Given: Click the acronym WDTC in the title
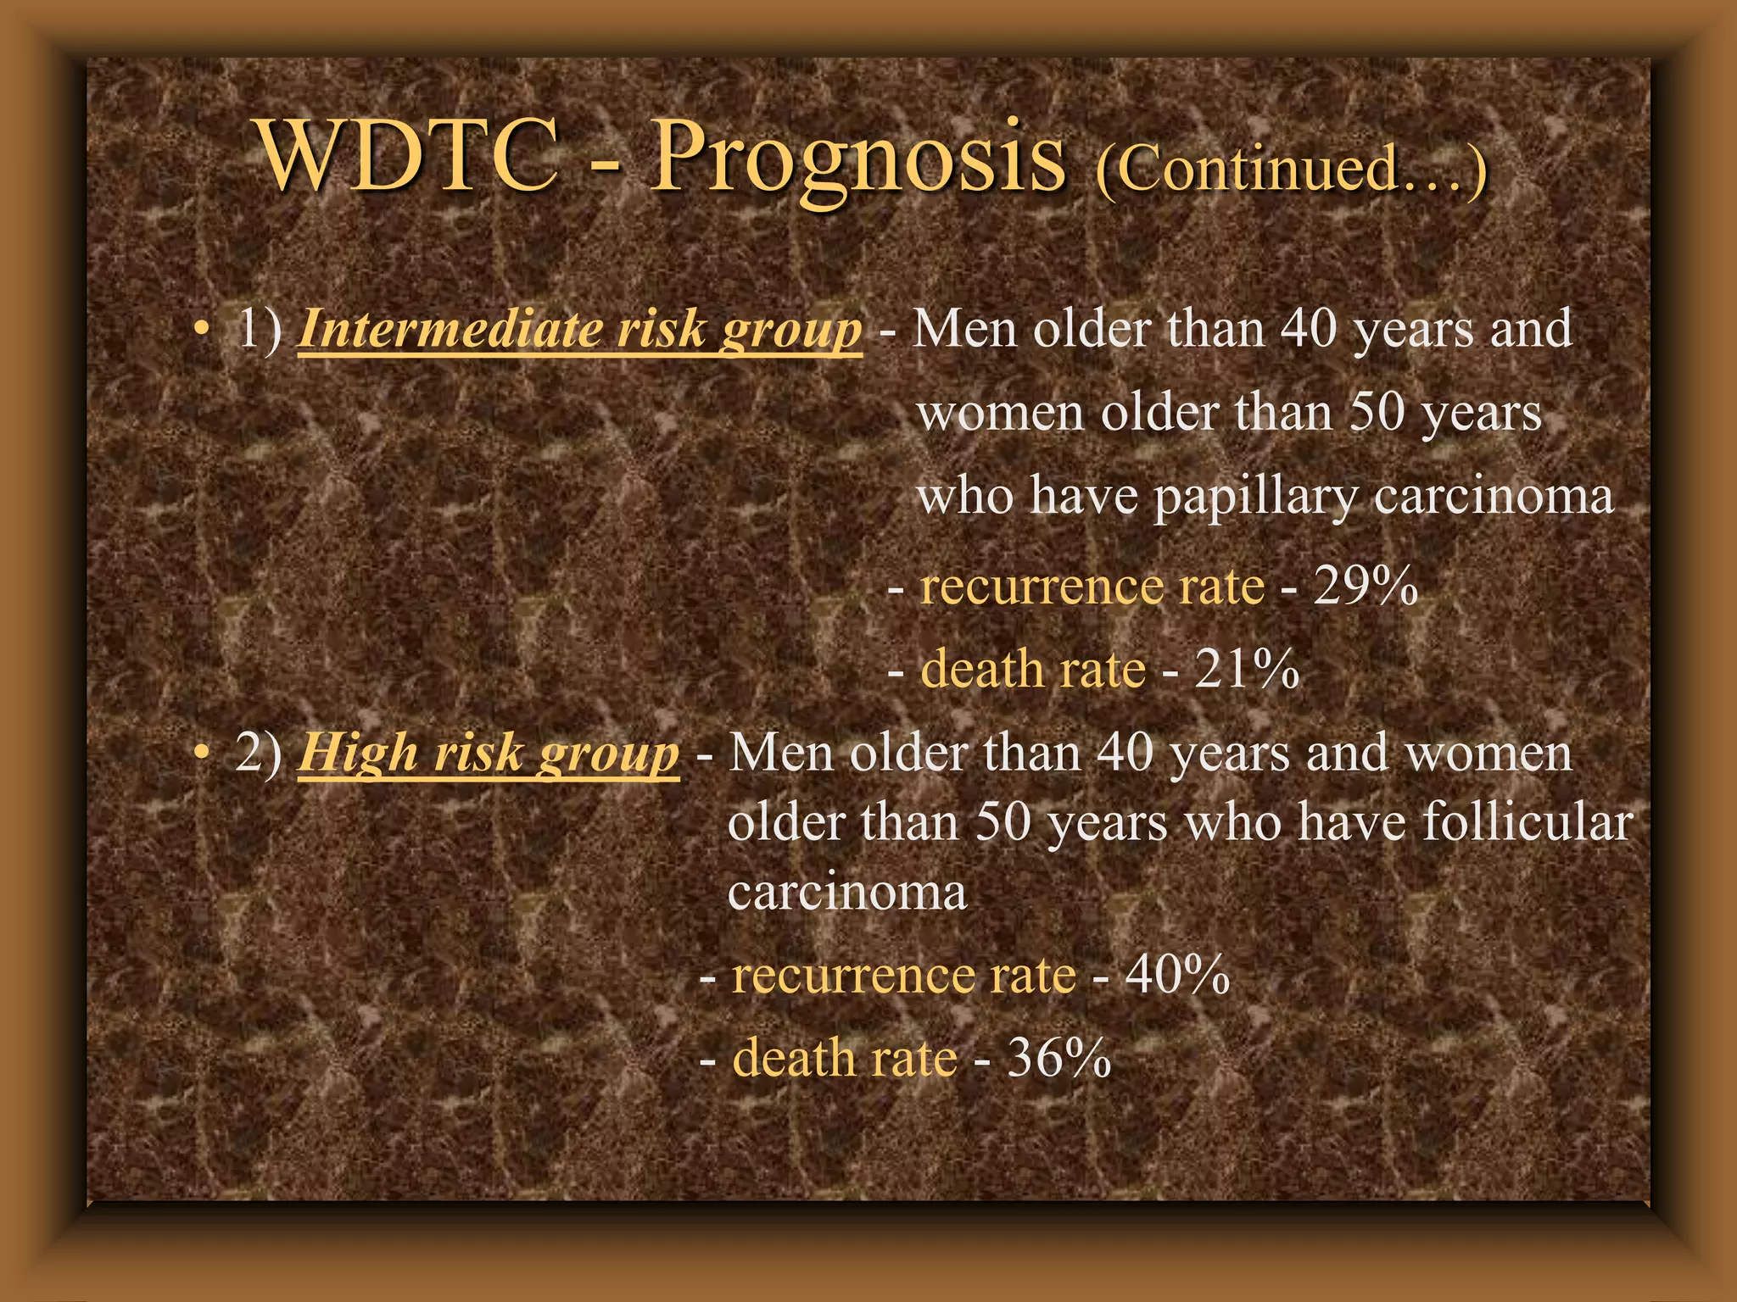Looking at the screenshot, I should pyautogui.click(x=408, y=157).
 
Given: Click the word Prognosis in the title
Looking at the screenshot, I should pyautogui.click(x=857, y=161).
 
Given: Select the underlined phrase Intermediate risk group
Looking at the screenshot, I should pyautogui.click(x=579, y=330).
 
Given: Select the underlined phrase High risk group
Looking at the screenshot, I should pyautogui.click(x=489, y=754).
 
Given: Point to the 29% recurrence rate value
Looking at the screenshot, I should pyautogui.click(x=1366, y=586).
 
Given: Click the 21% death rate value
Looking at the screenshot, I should pyautogui.click(x=1247, y=669).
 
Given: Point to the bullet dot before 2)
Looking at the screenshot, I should pyautogui.click(x=200, y=754).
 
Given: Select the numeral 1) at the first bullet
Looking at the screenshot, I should pyautogui.click(x=260, y=330).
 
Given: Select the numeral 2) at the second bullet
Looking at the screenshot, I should pyautogui.click(x=260, y=754).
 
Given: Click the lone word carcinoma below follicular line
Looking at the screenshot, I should pyautogui.click(x=846, y=893).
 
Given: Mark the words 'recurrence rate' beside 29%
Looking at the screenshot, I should pyautogui.click(x=1092, y=586).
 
